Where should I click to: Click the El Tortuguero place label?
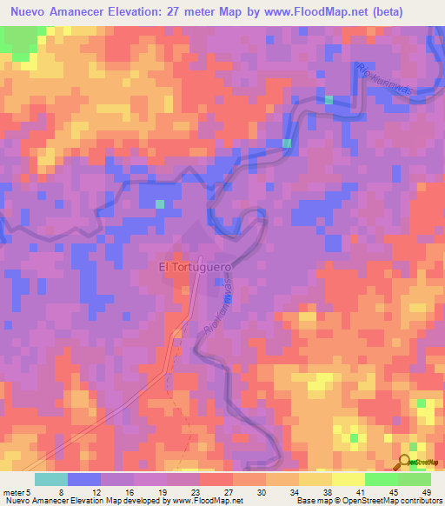pos(193,268)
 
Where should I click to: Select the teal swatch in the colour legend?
pos(51,479)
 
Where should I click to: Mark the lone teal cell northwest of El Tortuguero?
pos(160,204)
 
